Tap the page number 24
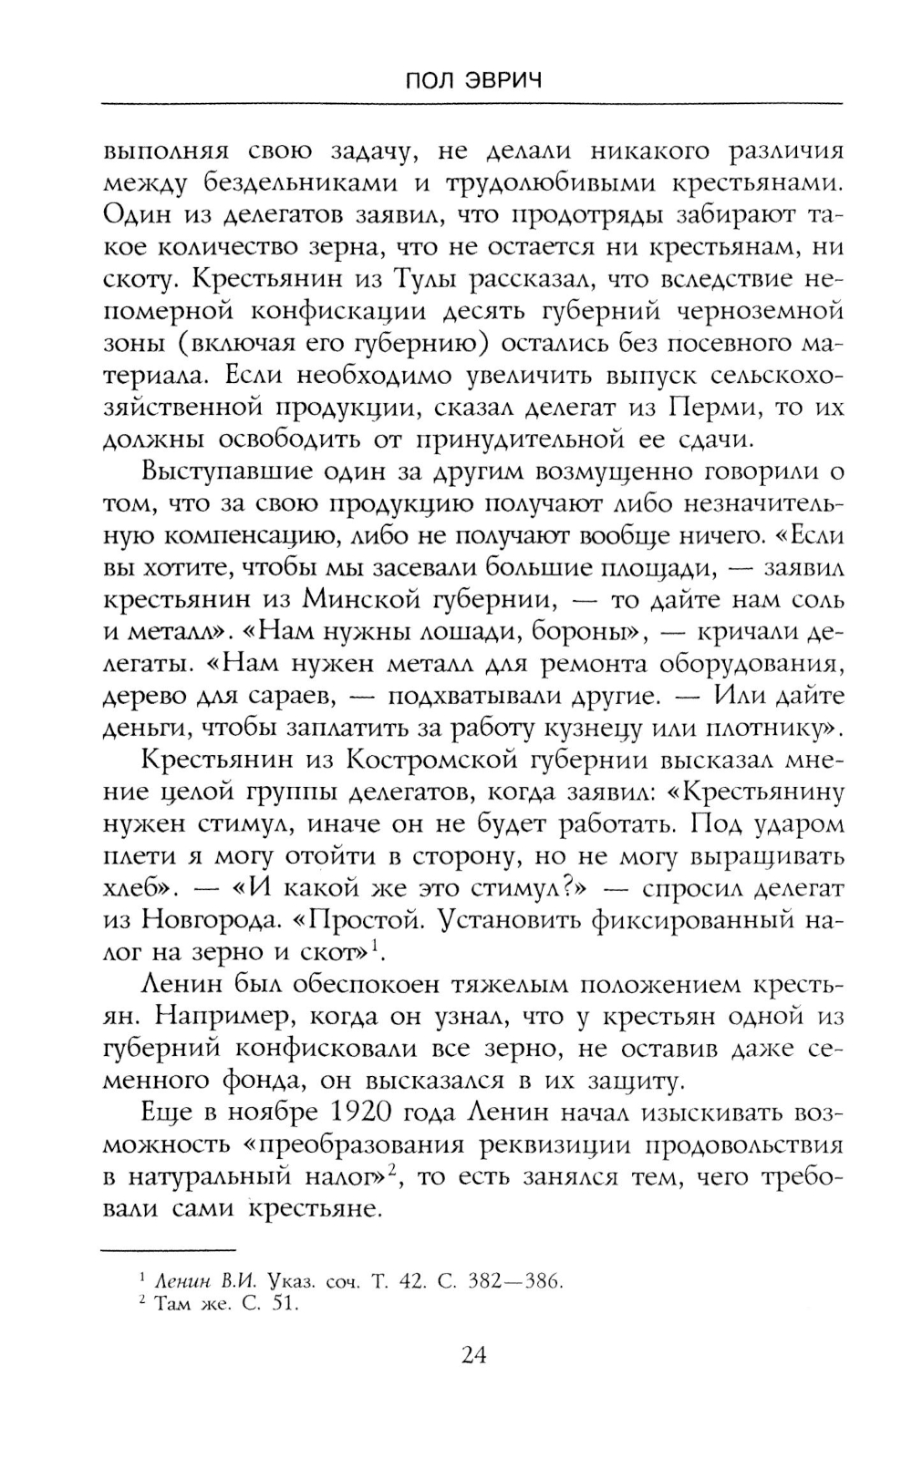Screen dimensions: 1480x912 pos(473,1353)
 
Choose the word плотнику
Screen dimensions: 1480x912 pos(773,728)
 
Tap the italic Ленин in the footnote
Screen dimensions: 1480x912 pos(183,1281)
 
